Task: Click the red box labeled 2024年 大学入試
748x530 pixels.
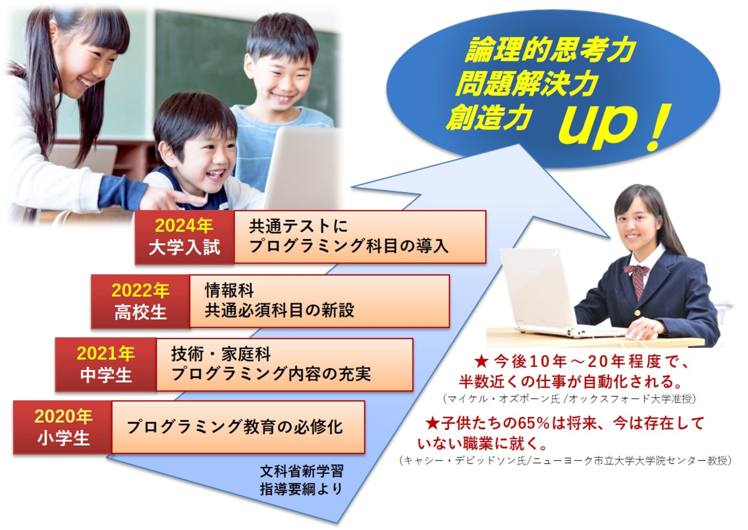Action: click(184, 237)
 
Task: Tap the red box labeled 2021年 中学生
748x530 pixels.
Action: click(106, 364)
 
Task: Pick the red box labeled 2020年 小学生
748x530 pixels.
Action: click(63, 427)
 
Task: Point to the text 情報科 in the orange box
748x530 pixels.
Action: click(229, 291)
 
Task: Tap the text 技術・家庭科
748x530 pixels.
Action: click(221, 354)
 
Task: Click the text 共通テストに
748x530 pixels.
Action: click(298, 227)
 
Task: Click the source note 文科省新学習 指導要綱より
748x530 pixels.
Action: click(302, 480)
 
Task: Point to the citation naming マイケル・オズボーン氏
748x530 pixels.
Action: click(569, 399)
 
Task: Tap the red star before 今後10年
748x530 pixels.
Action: click(481, 362)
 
